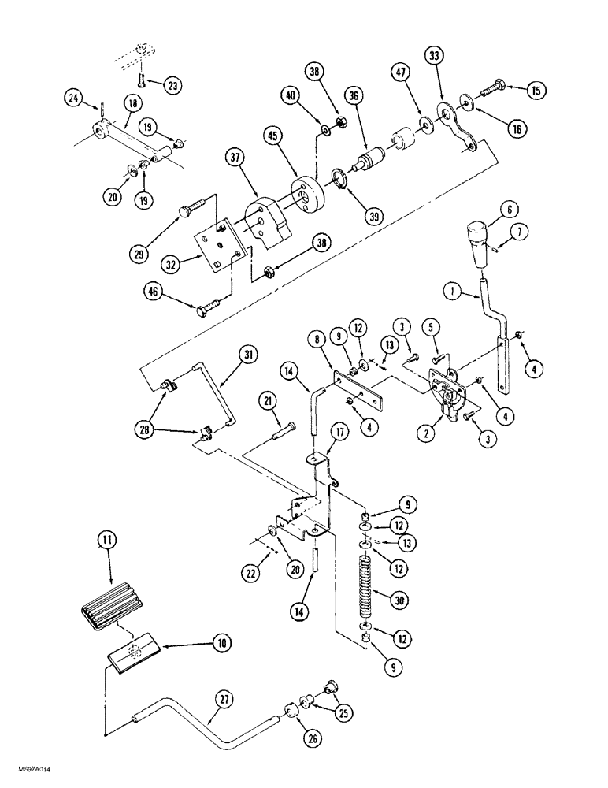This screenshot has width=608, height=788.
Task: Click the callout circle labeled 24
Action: (x=74, y=98)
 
